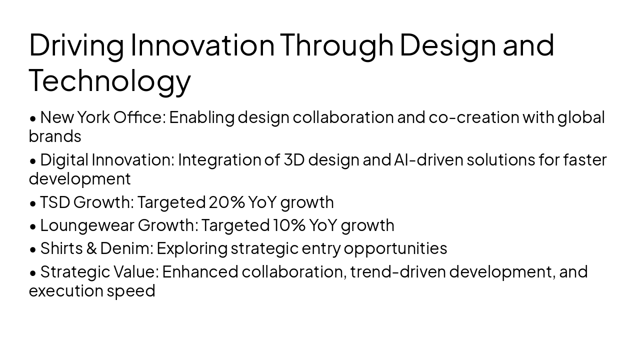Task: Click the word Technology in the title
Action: [x=109, y=80]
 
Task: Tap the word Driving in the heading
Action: [x=76, y=45]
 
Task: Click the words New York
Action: [x=75, y=117]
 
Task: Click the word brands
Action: [x=55, y=136]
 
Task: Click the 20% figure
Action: [x=226, y=202]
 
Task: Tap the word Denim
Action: [x=128, y=248]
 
